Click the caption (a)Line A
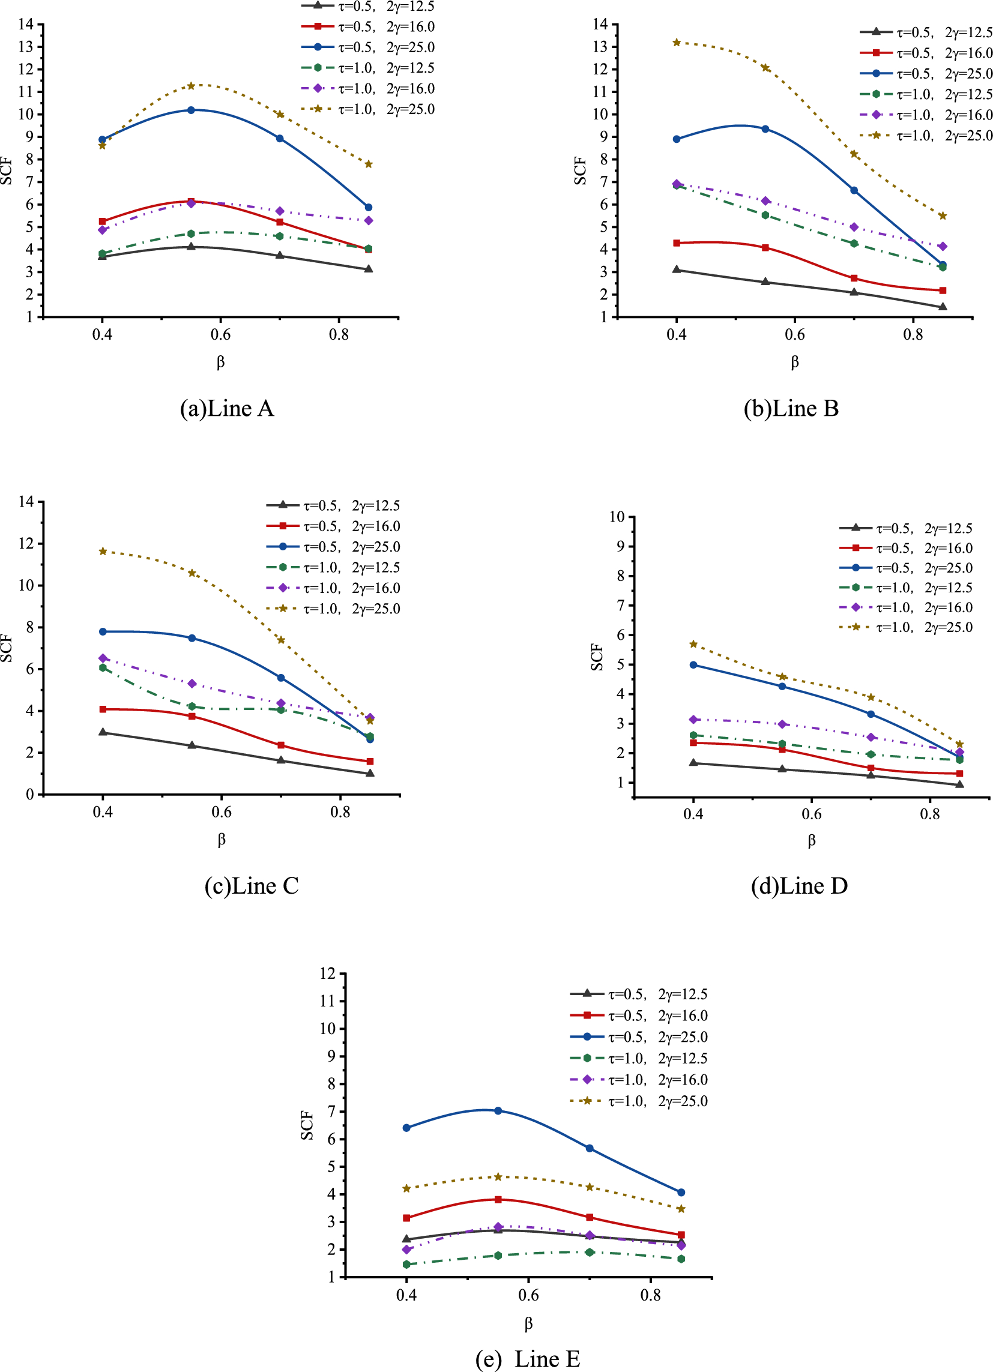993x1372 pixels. point(227,409)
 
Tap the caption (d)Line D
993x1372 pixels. point(798,886)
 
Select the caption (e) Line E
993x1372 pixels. point(528,1359)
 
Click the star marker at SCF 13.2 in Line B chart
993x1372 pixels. point(677,43)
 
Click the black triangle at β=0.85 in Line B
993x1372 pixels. point(943,307)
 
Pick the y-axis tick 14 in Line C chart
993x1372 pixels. point(26,502)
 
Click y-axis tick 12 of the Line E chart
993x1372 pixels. point(327,973)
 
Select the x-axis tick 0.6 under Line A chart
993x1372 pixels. point(221,334)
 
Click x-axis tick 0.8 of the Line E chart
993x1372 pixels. point(651,1295)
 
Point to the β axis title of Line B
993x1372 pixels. point(794,363)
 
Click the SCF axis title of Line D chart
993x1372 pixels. point(597,657)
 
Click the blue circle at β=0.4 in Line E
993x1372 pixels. point(406,1128)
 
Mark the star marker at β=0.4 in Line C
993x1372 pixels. point(103,551)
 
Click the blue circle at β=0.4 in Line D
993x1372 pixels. point(693,665)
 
